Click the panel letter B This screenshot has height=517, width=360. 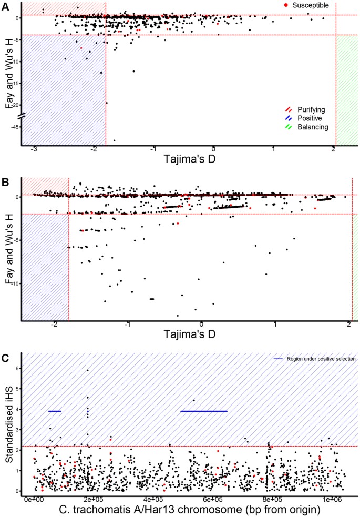(4, 182)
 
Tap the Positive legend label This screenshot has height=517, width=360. (310, 118)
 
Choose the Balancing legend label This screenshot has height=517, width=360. (312, 127)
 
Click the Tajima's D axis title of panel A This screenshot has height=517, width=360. (190, 158)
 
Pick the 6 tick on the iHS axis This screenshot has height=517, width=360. (17, 369)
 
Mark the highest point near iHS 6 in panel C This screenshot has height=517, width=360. (88, 370)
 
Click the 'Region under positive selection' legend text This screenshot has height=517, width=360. (322, 359)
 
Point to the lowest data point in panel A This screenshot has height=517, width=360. (115, 140)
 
